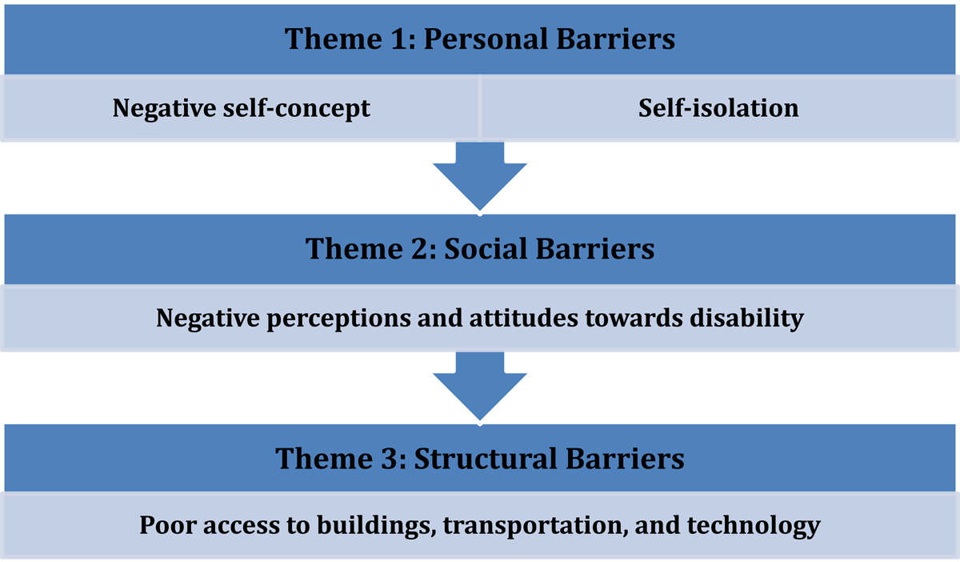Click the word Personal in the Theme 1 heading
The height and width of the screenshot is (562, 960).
coord(486,39)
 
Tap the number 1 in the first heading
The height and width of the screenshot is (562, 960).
coord(398,39)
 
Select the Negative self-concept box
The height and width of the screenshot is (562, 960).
coord(240,108)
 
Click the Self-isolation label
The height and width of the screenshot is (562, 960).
coord(718,108)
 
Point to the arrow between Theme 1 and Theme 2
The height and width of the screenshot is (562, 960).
coord(479,176)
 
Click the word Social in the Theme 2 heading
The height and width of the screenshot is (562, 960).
coord(486,249)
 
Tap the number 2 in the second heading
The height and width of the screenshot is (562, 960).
coord(419,249)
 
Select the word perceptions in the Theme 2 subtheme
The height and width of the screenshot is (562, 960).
coord(338,319)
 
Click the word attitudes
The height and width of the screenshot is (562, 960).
coord(523,319)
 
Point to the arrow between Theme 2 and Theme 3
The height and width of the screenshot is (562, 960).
coord(479,386)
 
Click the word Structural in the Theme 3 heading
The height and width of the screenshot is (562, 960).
coord(486,459)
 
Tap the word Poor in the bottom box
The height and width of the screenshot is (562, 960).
coord(167,524)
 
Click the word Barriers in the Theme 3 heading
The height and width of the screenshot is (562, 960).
coord(625,459)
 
